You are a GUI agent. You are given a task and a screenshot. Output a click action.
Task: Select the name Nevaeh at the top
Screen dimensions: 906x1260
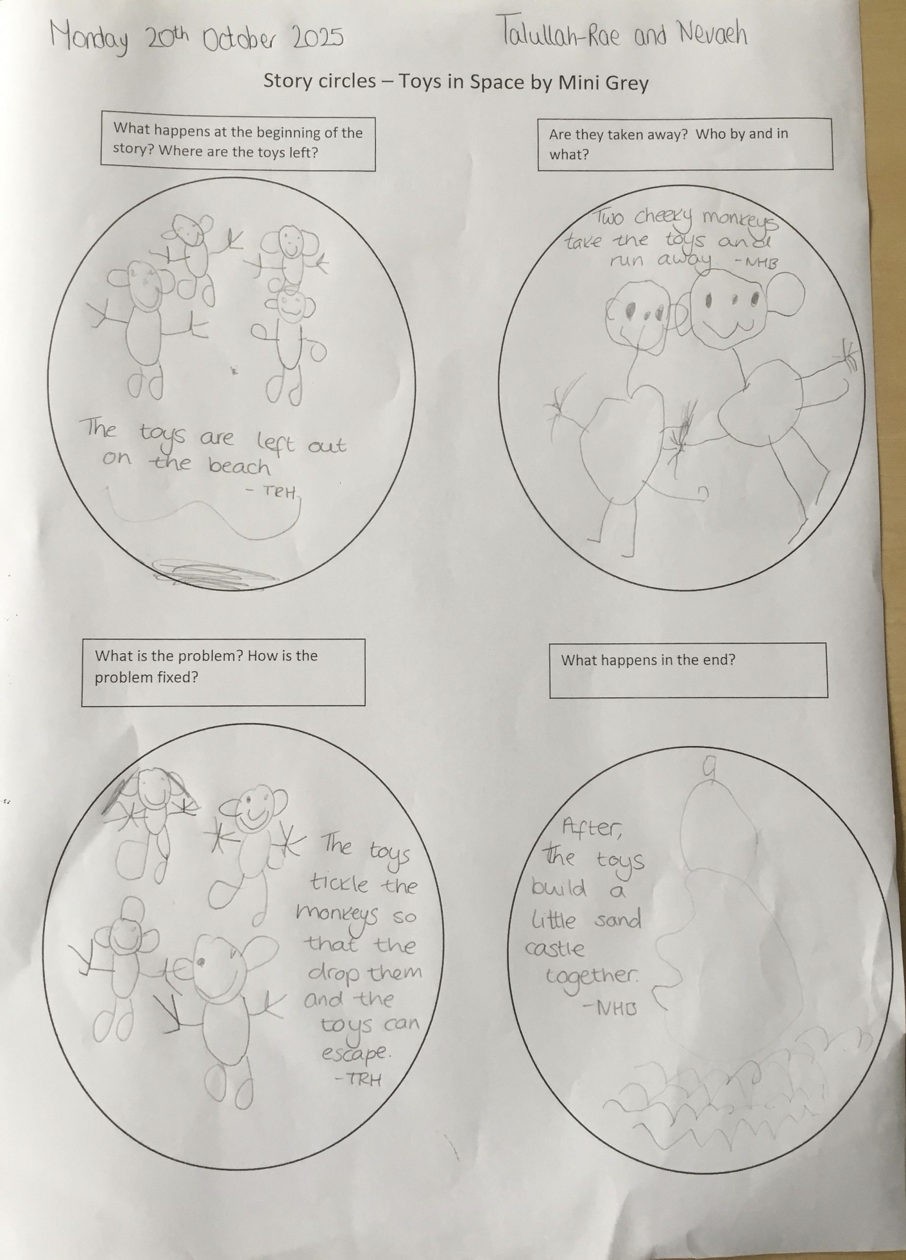[x=713, y=34]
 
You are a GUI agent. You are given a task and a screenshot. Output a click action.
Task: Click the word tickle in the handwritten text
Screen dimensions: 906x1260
[x=340, y=881]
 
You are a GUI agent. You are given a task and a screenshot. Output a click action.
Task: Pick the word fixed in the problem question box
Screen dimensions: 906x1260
[x=177, y=677]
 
